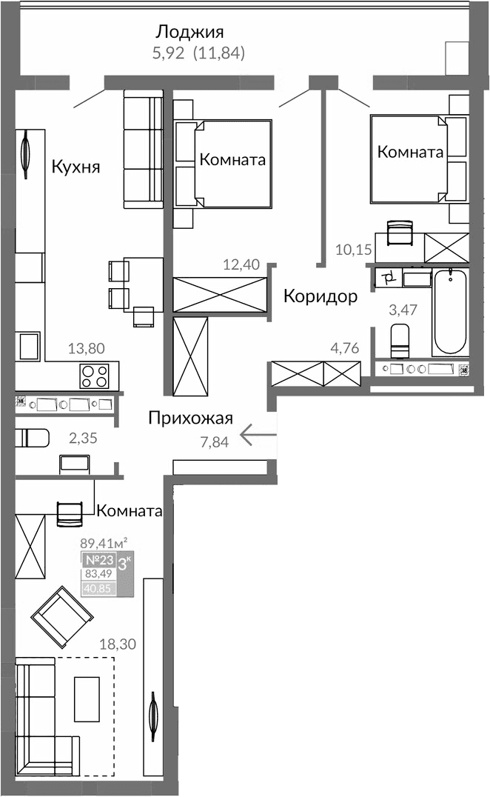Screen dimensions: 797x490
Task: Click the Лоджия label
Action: pos(189,32)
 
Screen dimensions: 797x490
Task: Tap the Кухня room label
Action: pos(75,167)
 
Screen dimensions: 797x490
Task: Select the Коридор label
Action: pos(320,296)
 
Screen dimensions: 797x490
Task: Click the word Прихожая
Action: pos(190,418)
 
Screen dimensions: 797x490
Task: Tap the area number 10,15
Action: pos(352,249)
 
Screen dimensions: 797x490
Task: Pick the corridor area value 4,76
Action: pos(343,348)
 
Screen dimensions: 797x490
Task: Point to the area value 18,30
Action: pos(117,644)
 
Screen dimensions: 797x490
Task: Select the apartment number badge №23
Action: pos(98,560)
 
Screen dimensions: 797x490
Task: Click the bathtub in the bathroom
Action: pos(450,312)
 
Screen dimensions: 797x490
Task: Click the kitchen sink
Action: pos(30,347)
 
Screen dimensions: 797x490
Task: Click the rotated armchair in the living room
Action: pos(61,613)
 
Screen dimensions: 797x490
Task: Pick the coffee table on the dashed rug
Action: pos(87,698)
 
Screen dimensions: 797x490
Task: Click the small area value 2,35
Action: pos(83,438)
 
